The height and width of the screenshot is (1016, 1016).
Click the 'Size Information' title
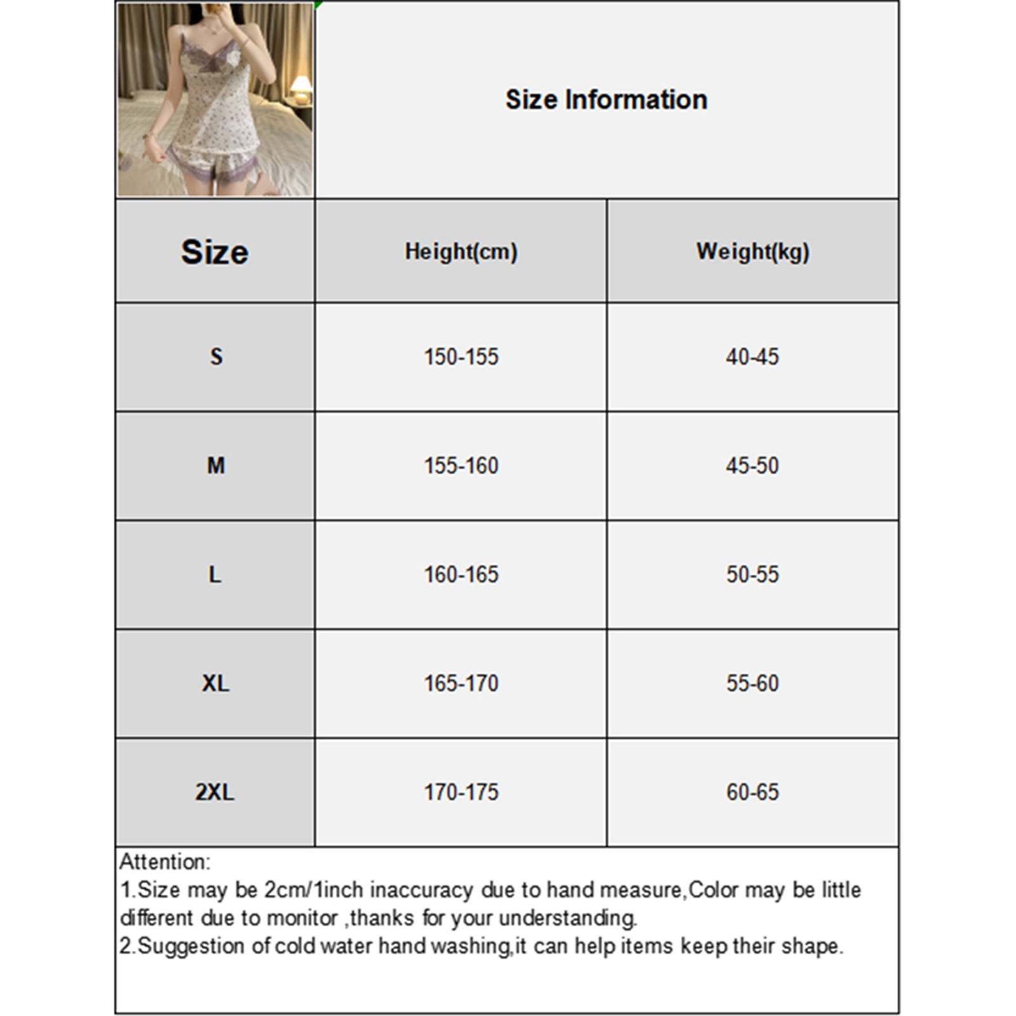pyautogui.click(x=606, y=100)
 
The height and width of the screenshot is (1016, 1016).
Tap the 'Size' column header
pyautogui.click(x=215, y=252)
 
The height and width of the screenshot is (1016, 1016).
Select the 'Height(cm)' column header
pyautogui.click(x=461, y=252)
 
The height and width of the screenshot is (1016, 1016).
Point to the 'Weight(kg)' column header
pyautogui.click(x=752, y=252)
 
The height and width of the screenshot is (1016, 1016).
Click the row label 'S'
pyautogui.click(x=216, y=357)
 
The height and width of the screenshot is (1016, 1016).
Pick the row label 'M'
pyautogui.click(x=216, y=466)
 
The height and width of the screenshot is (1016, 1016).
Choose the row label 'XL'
pyautogui.click(x=215, y=684)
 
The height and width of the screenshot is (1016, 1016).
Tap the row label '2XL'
pyautogui.click(x=215, y=792)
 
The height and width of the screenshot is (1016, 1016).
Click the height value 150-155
pyautogui.click(x=461, y=357)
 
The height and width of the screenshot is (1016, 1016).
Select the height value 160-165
pyautogui.click(x=461, y=575)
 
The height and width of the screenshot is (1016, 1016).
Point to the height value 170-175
pyautogui.click(x=461, y=792)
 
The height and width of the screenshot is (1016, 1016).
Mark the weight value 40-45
pyautogui.click(x=752, y=357)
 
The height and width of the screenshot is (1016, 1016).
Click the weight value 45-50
pyautogui.click(x=752, y=466)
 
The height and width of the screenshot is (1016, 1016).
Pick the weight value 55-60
pyautogui.click(x=752, y=684)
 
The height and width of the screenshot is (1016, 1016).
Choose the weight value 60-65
pyautogui.click(x=752, y=792)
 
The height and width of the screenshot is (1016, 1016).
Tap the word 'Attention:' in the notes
pyautogui.click(x=164, y=862)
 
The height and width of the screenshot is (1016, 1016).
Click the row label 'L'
pyautogui.click(x=215, y=575)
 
